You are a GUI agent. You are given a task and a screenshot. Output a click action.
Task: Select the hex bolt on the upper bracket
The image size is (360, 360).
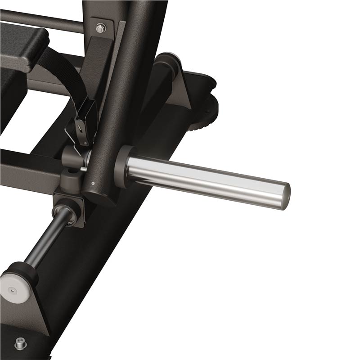pyautogui.click(x=100, y=28)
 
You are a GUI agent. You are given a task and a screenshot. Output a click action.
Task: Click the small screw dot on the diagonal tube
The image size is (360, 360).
pyautogui.click(x=92, y=183)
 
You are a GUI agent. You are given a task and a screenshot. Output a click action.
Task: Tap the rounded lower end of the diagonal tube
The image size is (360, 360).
pyautogui.click(x=97, y=196)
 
